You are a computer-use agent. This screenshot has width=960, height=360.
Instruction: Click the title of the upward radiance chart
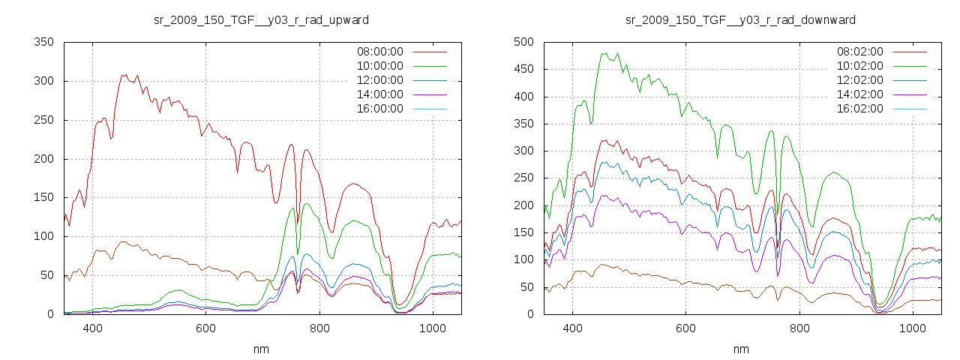[x=260, y=19]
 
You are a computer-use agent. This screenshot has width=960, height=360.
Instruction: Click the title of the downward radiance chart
[x=740, y=19]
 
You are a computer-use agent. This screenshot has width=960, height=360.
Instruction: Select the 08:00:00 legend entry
[x=379, y=52]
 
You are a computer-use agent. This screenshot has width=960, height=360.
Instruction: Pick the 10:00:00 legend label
[x=379, y=66]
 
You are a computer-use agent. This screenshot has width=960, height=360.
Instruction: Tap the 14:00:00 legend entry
[x=379, y=94]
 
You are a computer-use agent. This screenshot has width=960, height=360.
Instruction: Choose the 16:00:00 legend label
[x=379, y=109]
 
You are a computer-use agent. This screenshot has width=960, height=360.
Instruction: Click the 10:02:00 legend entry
[x=859, y=66]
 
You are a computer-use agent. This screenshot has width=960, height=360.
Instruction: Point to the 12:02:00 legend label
[x=859, y=80]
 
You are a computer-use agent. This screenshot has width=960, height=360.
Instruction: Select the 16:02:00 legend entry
[x=859, y=109]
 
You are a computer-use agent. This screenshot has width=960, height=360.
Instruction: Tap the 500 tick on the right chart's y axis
[x=523, y=42]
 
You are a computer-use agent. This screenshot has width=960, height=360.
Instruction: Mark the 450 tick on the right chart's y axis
[x=523, y=69]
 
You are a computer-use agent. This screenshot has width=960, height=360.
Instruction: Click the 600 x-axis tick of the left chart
[x=205, y=328]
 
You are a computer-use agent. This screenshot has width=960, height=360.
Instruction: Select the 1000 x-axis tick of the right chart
[x=912, y=328]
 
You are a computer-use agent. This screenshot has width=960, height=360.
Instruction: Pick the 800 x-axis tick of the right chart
[x=799, y=328]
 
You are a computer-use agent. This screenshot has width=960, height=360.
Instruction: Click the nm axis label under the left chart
[x=260, y=349]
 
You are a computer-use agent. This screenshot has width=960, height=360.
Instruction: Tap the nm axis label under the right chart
[x=740, y=349]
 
